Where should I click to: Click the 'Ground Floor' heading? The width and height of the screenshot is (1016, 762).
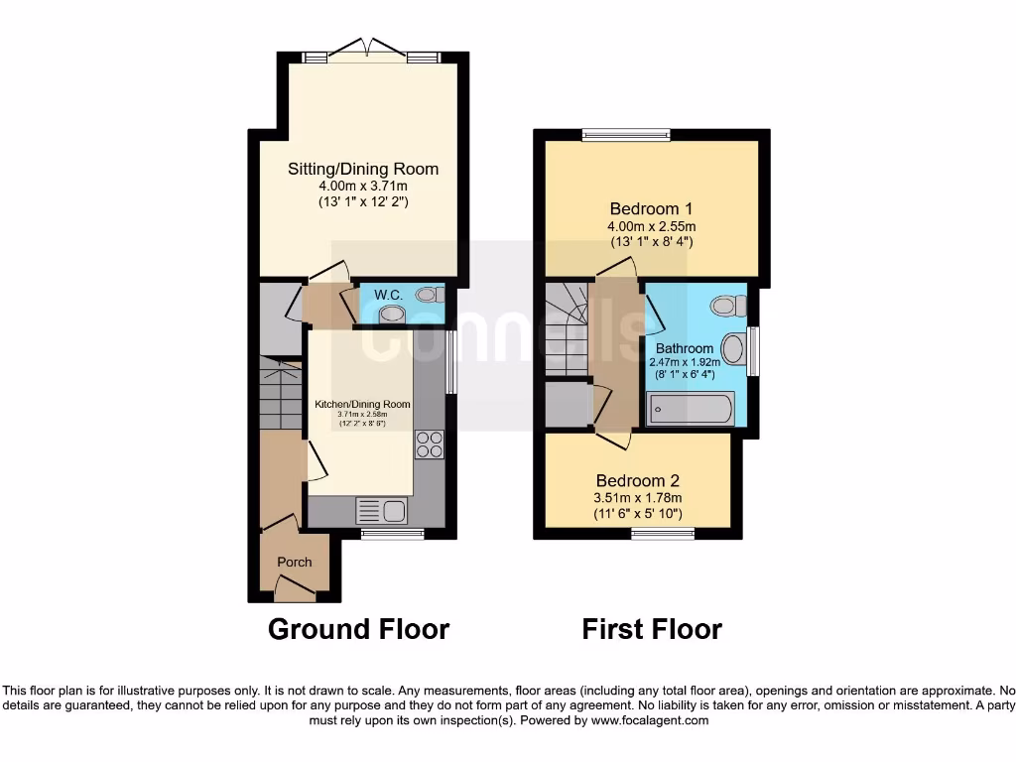[358, 629]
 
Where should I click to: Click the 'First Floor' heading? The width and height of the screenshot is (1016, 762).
[652, 629]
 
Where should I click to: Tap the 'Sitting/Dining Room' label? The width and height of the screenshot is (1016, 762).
[363, 169]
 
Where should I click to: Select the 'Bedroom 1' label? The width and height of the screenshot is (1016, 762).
[651, 208]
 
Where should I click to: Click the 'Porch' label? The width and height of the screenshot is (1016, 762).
[294, 562]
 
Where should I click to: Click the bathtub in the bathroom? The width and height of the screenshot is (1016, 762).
[690, 408]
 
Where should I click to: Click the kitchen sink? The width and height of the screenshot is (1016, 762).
[382, 511]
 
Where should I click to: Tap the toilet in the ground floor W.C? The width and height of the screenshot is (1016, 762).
[429, 294]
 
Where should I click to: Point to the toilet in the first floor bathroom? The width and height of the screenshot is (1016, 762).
[729, 305]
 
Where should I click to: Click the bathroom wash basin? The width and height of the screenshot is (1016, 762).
[732, 348]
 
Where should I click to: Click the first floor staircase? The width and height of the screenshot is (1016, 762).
[567, 327]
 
